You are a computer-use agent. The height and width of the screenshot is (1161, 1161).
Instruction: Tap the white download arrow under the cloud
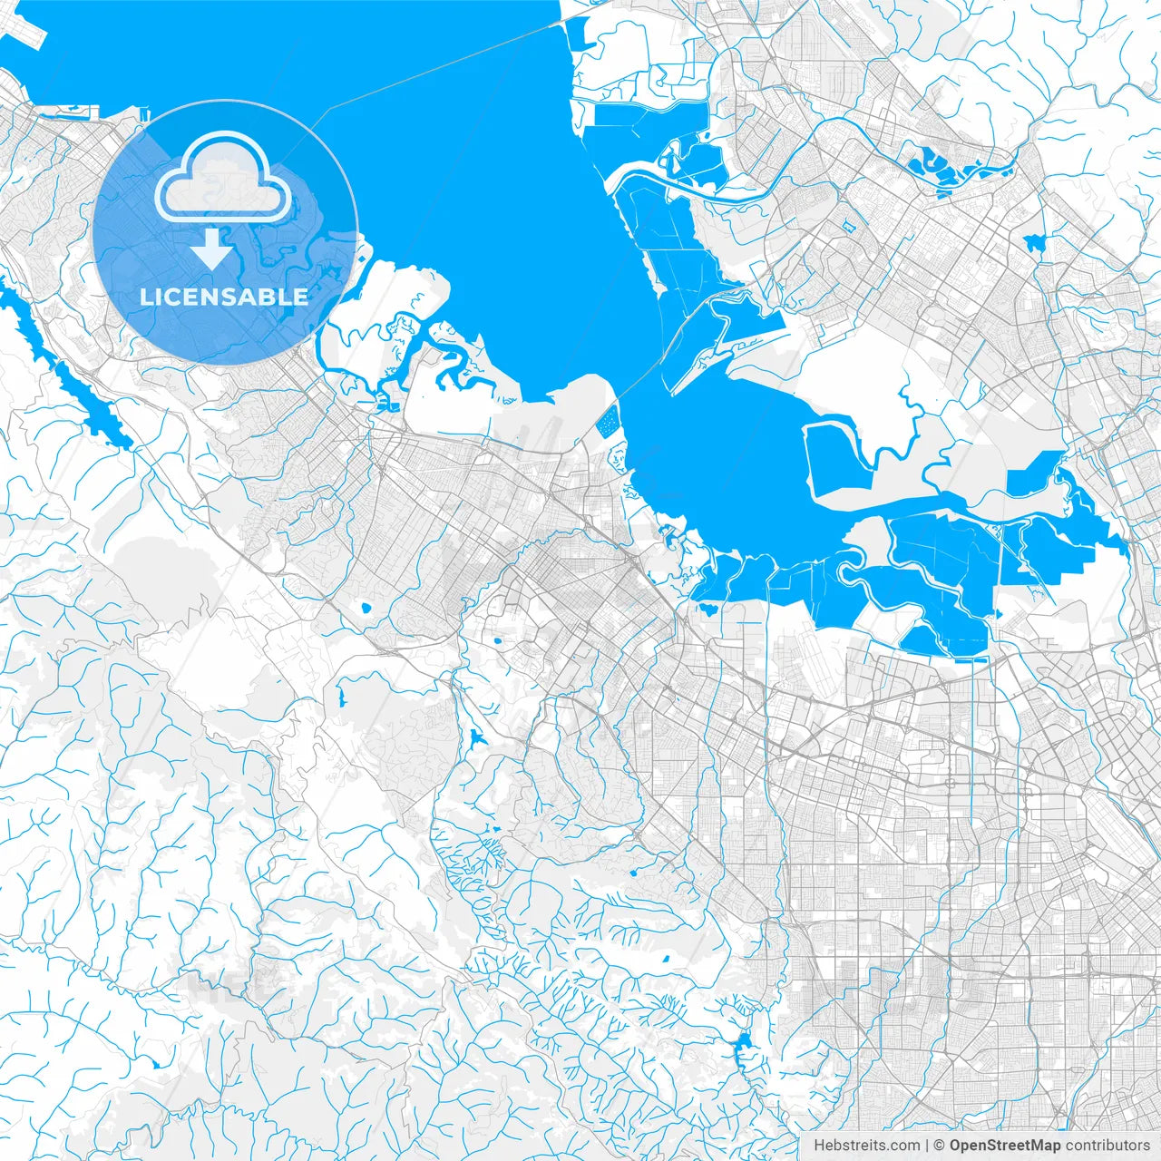coord(212,249)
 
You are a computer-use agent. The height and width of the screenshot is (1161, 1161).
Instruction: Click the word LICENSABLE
coord(223,297)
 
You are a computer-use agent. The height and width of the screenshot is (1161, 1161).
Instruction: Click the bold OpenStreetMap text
coord(1005,1146)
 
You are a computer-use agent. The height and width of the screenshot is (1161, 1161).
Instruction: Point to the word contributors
coord(1107,1146)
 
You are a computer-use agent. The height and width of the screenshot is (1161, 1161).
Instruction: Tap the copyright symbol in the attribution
coord(940,1146)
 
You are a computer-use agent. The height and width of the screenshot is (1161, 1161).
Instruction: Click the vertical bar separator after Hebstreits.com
coord(926,1146)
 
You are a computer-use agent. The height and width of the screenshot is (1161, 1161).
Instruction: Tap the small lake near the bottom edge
coord(745,1046)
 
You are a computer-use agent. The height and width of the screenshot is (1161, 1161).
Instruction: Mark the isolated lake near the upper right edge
coord(1035,242)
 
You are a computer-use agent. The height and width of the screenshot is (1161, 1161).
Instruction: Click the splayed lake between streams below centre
coord(475,737)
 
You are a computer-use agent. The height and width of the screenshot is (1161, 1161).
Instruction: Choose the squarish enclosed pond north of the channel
coord(839,459)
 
